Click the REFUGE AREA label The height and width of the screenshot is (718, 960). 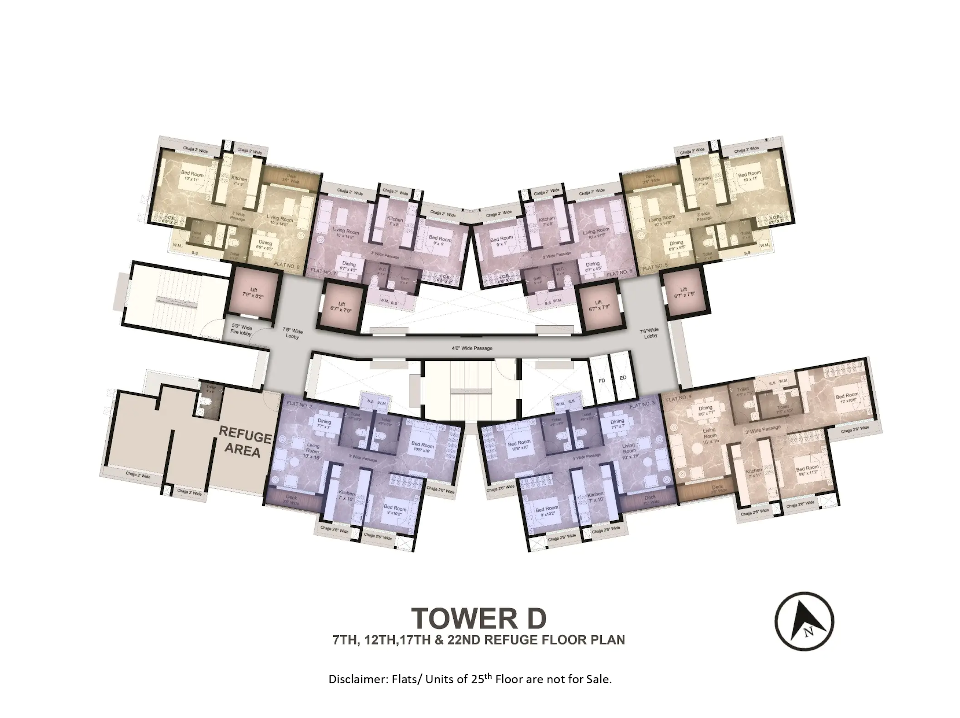[245, 443]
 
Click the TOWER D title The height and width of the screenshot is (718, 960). [479, 618]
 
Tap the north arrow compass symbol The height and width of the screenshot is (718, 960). [804, 621]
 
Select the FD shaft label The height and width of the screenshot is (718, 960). [602, 381]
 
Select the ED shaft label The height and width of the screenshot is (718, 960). [623, 378]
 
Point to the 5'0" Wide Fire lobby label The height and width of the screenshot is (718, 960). [241, 330]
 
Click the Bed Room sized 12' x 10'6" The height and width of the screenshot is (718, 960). [847, 399]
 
